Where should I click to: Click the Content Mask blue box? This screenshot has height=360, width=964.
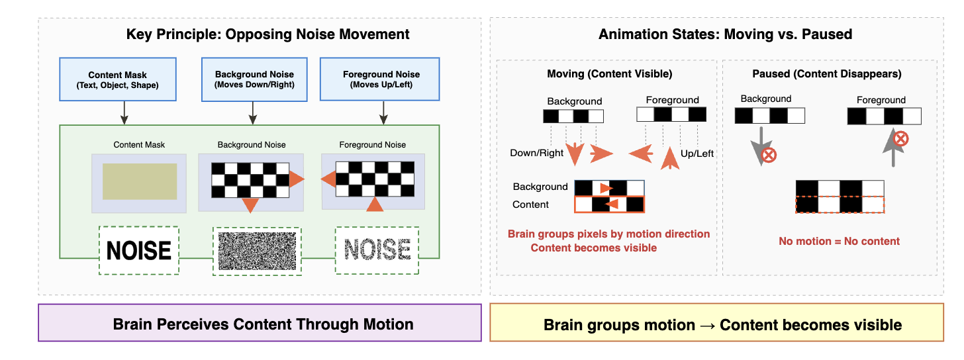click(118, 79)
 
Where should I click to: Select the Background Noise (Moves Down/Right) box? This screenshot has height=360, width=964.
click(254, 79)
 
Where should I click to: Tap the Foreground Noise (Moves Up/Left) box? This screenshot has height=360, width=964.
click(381, 79)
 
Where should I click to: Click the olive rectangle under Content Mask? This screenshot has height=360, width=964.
click(140, 181)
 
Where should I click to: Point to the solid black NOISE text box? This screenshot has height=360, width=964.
click(139, 250)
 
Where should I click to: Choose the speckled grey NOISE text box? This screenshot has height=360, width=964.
click(377, 250)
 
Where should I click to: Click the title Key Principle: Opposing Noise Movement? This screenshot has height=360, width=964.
click(267, 34)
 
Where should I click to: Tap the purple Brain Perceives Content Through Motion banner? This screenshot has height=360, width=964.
click(263, 324)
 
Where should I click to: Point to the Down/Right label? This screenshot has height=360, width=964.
click(536, 154)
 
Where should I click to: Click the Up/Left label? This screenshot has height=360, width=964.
click(697, 154)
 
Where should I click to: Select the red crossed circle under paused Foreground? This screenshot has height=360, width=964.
click(900, 140)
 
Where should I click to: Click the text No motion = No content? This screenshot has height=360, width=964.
click(839, 241)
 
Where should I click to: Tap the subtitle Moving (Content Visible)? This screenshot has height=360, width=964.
click(609, 73)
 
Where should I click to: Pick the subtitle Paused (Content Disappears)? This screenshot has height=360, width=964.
click(826, 73)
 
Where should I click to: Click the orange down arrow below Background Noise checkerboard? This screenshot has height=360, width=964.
click(250, 205)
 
